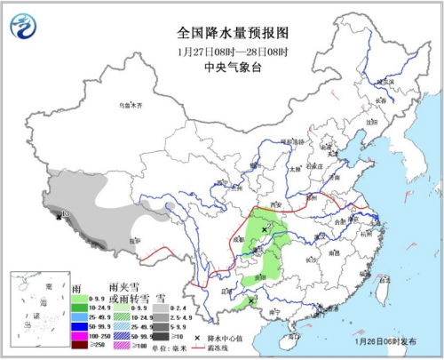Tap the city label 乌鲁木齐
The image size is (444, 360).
pyautogui.click(x=131, y=105)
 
